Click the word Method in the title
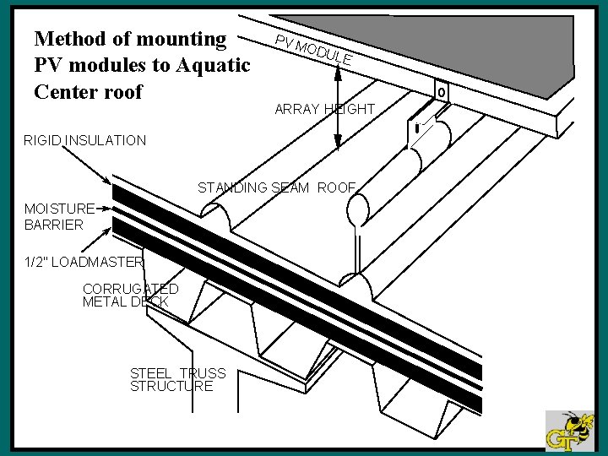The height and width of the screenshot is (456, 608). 69,38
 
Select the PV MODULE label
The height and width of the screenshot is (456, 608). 313,52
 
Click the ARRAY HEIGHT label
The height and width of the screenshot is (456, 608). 324,109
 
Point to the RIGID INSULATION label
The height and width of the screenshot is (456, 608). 85,140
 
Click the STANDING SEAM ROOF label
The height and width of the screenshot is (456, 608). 277,187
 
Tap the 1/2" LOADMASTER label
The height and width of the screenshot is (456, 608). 84,262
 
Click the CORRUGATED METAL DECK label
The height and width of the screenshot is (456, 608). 130,295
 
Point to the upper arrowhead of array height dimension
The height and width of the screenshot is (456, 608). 338,72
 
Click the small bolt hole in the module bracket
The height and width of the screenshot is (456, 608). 440,90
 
